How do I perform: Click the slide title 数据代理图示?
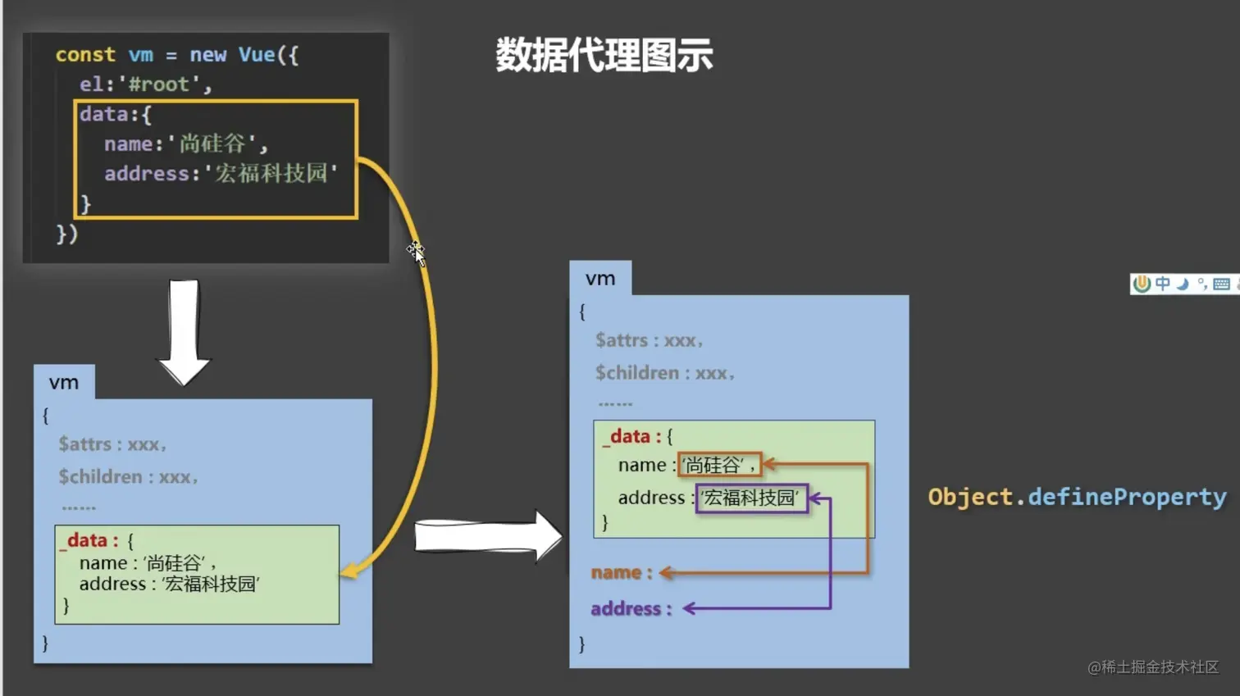pos(604,56)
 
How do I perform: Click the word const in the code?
pos(85,55)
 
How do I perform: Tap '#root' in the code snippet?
pos(159,84)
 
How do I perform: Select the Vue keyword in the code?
pos(257,55)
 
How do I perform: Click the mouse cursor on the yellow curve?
pos(416,252)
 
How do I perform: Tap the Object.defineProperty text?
pos(1077,497)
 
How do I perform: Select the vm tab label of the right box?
pos(600,279)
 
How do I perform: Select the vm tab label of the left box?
pos(64,383)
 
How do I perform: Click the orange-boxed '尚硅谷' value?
pos(719,466)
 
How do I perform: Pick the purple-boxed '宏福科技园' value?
pos(751,498)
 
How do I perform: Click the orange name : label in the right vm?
pos(622,573)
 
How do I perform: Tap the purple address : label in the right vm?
pos(631,608)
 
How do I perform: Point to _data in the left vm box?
pos(88,540)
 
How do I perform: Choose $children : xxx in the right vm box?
pos(664,373)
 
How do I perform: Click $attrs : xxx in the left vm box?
pos(112,444)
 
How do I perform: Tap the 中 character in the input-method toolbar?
pos(1163,284)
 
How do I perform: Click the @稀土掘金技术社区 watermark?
pos(1153,667)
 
